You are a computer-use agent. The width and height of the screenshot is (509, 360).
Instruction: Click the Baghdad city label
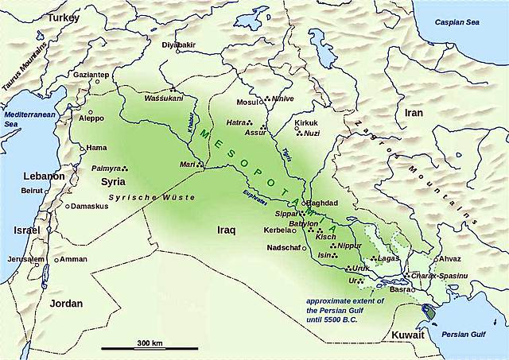coord(322,203)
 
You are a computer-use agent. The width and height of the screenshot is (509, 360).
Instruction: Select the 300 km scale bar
coord(149,347)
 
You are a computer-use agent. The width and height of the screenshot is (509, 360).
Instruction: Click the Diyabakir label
coord(178,45)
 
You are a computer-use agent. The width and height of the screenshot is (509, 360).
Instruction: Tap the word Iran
coord(414,113)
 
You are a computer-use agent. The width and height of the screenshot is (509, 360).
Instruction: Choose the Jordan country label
coord(68,304)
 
